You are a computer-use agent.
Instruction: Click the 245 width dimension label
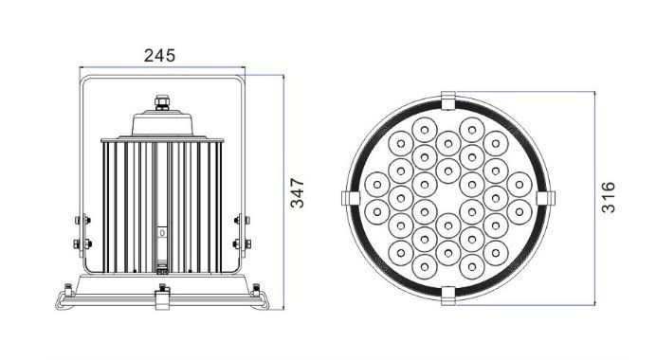pos(159,56)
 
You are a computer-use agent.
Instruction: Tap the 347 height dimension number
pos(298,192)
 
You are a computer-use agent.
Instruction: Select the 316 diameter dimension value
pos(609,197)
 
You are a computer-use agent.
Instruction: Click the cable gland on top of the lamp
pos(162,102)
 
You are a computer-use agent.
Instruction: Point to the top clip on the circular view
pos(448,100)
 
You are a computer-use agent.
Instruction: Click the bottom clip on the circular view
pos(448,296)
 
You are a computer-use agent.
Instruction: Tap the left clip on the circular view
pos(351,198)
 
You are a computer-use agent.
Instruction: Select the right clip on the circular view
pos(546,198)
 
